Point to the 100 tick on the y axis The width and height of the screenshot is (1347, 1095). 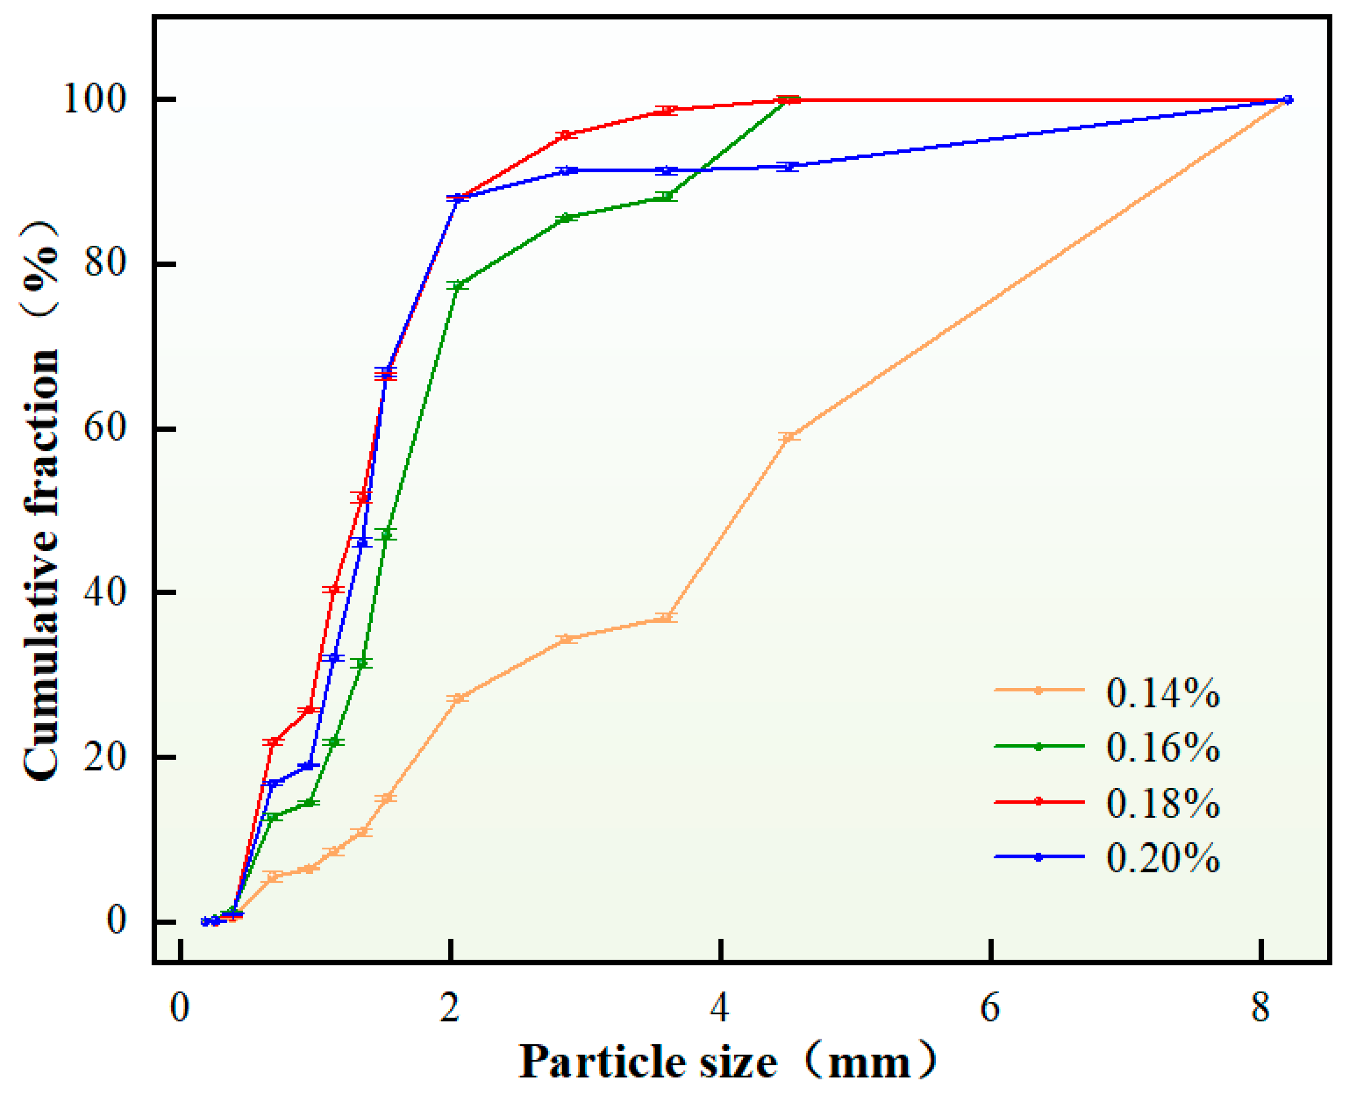pos(94,100)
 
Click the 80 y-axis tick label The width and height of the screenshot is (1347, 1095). pos(105,264)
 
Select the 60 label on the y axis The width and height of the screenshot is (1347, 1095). pos(105,428)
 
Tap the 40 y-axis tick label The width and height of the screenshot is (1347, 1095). pos(105,592)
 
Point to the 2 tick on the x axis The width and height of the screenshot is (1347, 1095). pos(450,1008)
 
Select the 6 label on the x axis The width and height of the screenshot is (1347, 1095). pos(990,1008)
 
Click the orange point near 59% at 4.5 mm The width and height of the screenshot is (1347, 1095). pos(789,436)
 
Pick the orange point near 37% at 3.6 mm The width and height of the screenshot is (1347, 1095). pos(666,617)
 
